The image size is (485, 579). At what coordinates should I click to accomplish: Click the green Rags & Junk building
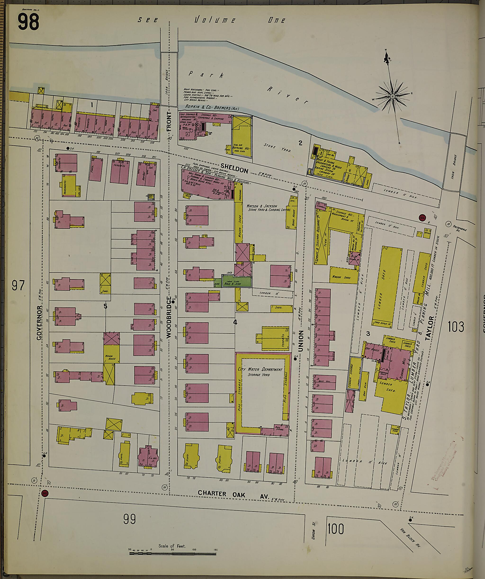237,282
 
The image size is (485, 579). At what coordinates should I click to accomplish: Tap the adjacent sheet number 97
18,285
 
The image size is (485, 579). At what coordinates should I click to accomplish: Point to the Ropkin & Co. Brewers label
212,107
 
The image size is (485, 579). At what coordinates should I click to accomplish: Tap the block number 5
105,306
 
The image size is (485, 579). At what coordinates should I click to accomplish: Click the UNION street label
301,341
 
